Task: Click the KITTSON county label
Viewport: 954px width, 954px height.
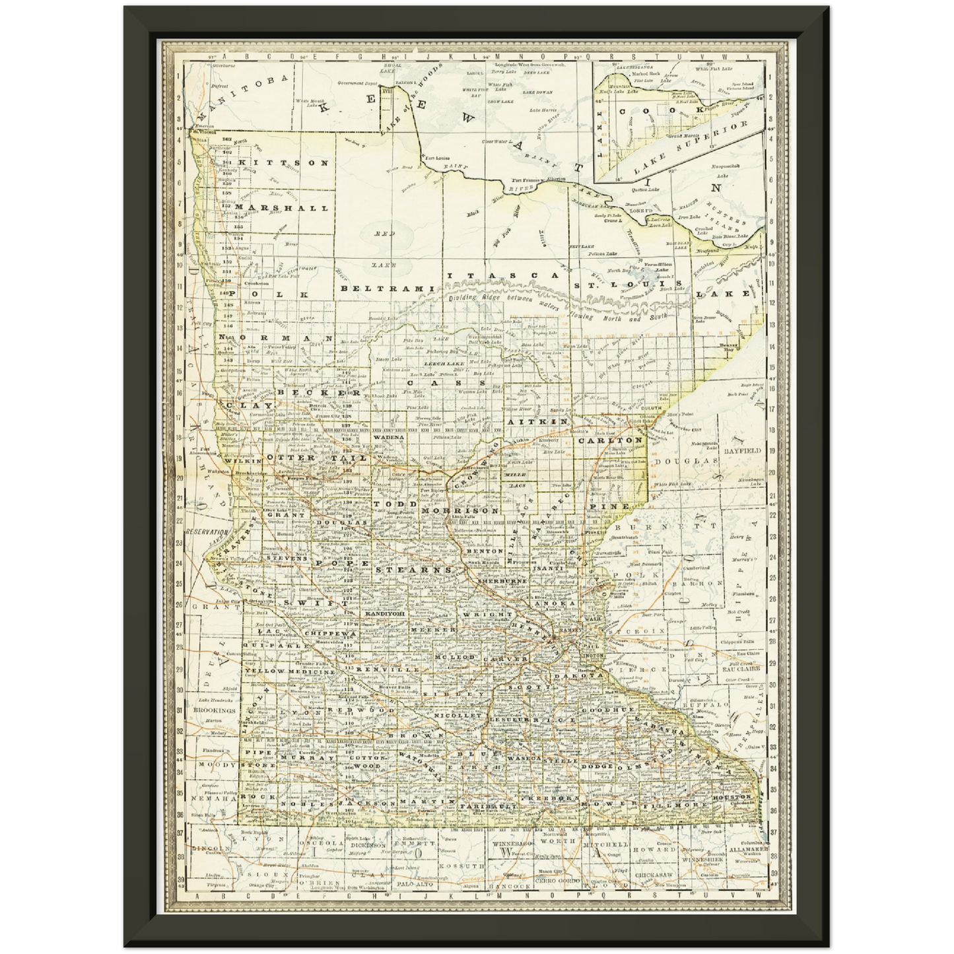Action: pyautogui.click(x=283, y=162)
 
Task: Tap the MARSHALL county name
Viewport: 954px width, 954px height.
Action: pyautogui.click(x=281, y=208)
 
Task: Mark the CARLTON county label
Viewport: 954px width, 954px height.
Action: pyautogui.click(x=610, y=440)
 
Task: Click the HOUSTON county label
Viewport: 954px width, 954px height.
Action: pyautogui.click(x=732, y=798)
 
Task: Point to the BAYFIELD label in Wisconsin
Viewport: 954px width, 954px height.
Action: pyautogui.click(x=743, y=450)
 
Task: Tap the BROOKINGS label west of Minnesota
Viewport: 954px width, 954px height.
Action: pyautogui.click(x=215, y=710)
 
